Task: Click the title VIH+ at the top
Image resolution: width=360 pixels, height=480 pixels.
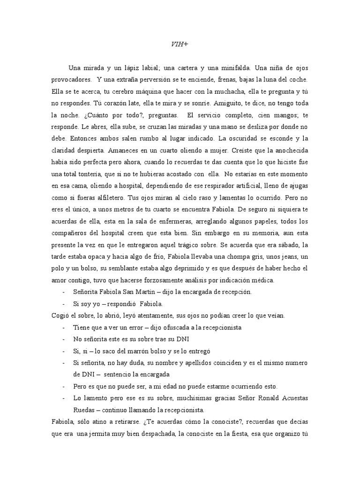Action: pyautogui.click(x=180, y=45)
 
